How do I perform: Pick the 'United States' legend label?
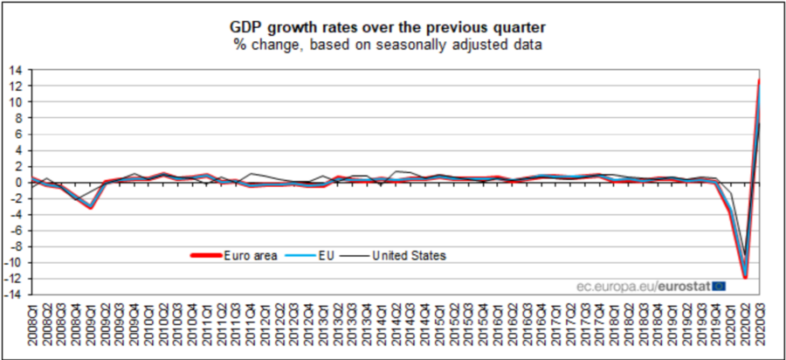pos(410,255)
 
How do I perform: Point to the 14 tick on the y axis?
pos(17,69)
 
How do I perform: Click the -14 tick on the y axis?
pos(15,295)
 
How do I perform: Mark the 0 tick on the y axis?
pos(20,183)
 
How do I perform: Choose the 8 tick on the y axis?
pos(20,118)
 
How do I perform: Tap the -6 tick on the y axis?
pos(17,231)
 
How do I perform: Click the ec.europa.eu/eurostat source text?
pos(643,285)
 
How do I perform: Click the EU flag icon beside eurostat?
pos(719,285)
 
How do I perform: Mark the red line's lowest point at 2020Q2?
pos(746,278)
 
